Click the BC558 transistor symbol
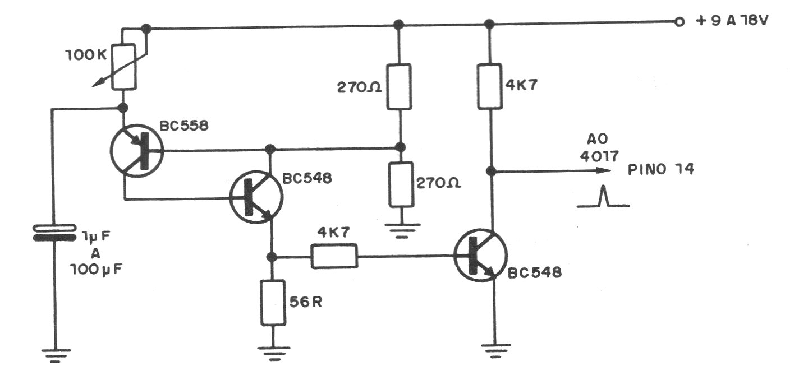point(136,151)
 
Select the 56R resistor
point(273,303)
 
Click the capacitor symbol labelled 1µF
point(54,233)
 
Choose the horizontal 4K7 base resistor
point(334,257)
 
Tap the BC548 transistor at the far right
point(481,255)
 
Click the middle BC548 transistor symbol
point(256,196)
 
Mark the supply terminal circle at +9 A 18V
point(680,22)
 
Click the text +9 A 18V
point(732,22)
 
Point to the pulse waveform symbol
point(603,198)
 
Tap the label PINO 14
point(661,169)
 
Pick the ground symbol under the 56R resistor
point(273,351)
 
